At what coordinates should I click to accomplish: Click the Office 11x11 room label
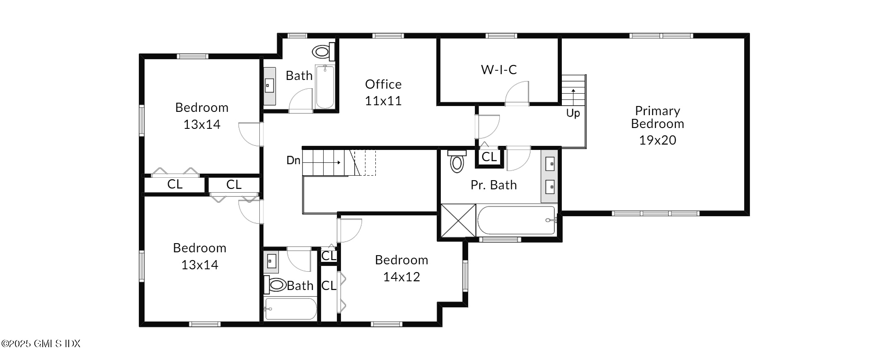[383, 92]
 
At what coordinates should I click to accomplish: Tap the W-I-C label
[499, 70]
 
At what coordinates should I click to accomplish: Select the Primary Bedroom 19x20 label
[658, 125]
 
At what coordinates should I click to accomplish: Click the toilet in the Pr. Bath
[457, 162]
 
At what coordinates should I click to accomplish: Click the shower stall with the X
[458, 221]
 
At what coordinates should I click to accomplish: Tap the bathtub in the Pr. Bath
[516, 220]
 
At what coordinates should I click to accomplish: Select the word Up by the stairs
[573, 113]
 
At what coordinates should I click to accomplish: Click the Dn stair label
[293, 160]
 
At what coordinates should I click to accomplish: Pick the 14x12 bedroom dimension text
[401, 277]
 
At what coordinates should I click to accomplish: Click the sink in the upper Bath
[269, 86]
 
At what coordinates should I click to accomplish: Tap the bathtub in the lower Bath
[290, 309]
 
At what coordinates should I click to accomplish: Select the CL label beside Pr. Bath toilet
[489, 157]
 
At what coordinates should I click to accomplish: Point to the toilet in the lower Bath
[276, 285]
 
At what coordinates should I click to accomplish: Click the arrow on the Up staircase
[573, 96]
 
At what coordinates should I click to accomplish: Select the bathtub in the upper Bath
[325, 87]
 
